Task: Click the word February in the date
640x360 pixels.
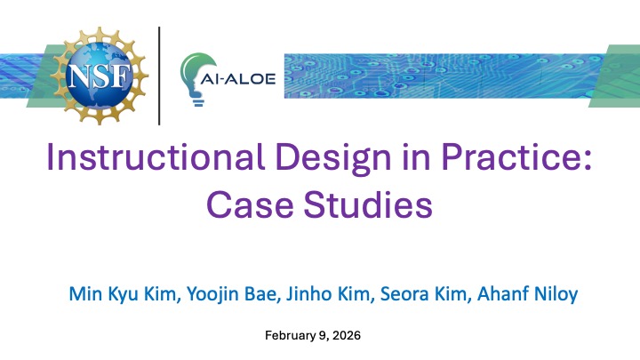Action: [292, 337]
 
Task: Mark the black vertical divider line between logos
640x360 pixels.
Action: [159, 76]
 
